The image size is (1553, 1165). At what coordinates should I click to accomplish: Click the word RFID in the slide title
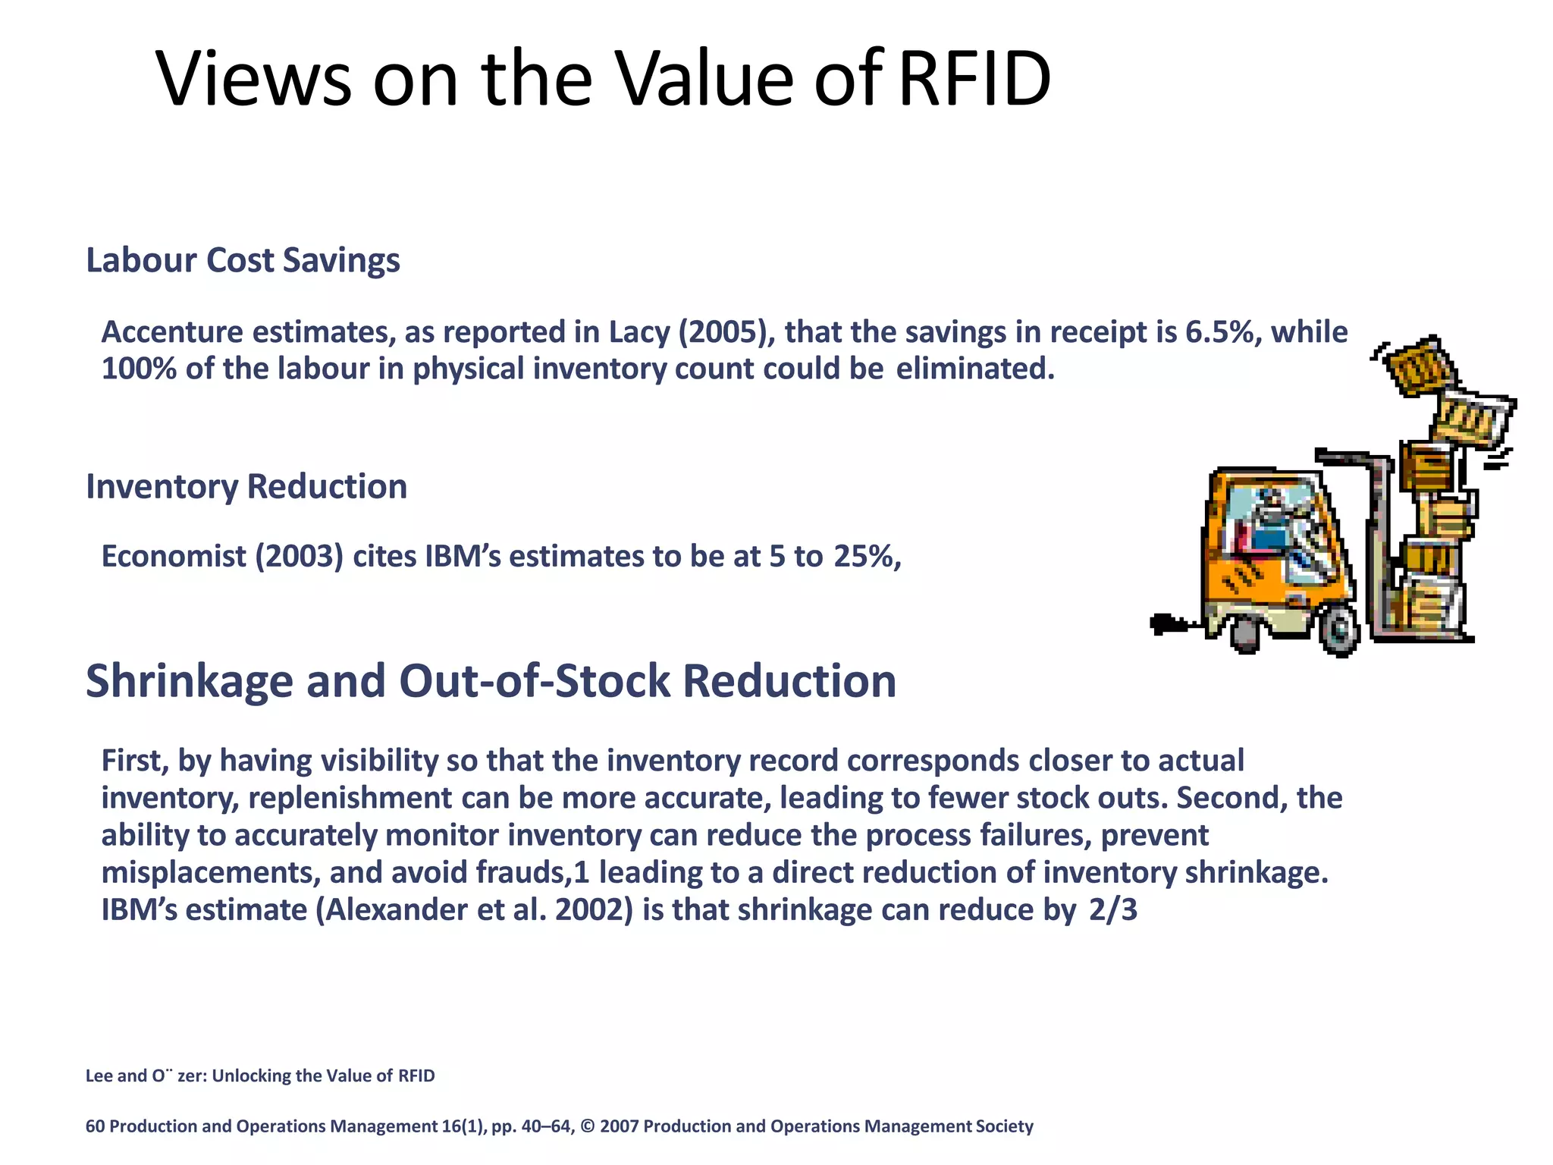coord(974,80)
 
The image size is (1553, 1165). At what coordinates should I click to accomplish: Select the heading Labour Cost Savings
coord(243,260)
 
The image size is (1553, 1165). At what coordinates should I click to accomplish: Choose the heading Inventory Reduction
coord(246,486)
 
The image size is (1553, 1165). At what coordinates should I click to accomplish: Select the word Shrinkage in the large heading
coord(189,680)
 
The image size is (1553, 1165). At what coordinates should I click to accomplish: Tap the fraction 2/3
coord(1112,909)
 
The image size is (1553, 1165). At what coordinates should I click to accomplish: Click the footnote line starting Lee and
coord(260,1076)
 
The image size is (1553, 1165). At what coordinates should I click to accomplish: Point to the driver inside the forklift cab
coord(1274,523)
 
